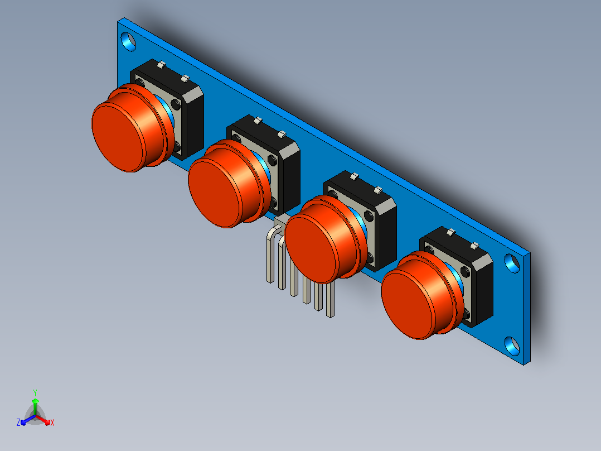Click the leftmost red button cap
[x=130, y=128]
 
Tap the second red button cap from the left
[x=227, y=184]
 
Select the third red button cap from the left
[x=323, y=240]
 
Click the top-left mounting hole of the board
[x=128, y=41]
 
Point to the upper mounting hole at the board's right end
[x=512, y=263]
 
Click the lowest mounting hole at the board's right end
[x=512, y=346]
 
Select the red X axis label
[x=52, y=423]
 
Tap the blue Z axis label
[x=18, y=422]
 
